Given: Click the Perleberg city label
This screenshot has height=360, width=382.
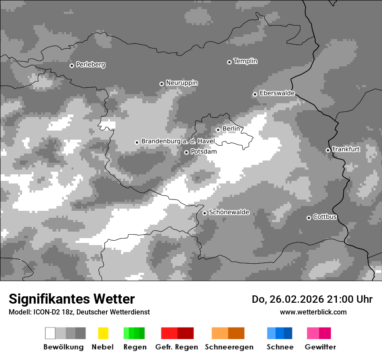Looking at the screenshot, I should click(90, 65).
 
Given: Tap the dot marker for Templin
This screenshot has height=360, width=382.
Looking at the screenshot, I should click(229, 62).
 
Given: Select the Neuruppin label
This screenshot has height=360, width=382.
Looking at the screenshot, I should click(181, 83).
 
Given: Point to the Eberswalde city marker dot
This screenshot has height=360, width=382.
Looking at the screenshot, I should click(255, 94).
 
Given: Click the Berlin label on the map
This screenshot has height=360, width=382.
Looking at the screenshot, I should click(231, 129).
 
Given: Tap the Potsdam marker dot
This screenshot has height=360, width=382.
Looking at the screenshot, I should click(186, 152).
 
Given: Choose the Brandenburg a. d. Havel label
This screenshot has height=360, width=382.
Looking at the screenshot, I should click(178, 141).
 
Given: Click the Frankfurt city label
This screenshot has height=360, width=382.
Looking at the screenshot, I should click(346, 149).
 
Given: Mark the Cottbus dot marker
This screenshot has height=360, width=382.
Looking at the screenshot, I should click(309, 218).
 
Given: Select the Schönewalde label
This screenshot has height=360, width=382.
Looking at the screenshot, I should click(229, 213).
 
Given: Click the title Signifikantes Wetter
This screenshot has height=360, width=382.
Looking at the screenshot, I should click(72, 299).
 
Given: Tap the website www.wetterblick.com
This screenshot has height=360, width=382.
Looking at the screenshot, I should click(313, 312).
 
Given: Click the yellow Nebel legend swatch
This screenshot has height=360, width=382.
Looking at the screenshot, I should click(103, 333).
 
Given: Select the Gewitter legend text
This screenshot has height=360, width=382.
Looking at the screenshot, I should click(320, 347).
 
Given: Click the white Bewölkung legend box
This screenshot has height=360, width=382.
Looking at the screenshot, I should click(50, 333).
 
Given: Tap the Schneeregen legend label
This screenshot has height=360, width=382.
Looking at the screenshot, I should click(229, 347).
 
